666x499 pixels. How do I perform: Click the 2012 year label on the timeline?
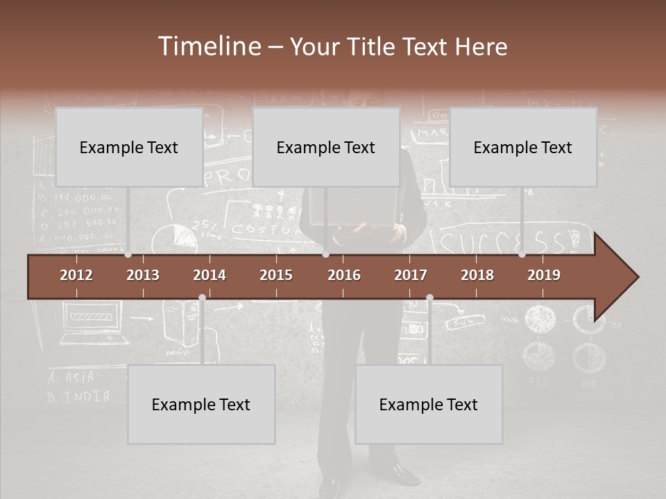(76, 275)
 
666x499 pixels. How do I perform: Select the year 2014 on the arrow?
(210, 275)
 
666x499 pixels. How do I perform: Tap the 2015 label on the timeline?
(276, 275)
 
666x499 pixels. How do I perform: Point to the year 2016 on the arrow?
(344, 275)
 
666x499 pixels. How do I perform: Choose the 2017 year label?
(411, 275)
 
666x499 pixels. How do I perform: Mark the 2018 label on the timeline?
(477, 275)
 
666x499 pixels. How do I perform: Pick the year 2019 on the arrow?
(544, 275)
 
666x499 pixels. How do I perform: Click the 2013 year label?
(143, 275)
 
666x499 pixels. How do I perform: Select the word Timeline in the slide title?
(209, 46)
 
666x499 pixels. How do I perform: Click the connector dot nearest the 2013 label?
(128, 254)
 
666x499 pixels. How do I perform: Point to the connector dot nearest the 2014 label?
(202, 298)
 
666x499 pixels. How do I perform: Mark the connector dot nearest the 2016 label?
(325, 254)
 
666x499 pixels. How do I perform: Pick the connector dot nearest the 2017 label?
(429, 298)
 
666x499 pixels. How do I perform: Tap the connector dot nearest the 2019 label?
(522, 254)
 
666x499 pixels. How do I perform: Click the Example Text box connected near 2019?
(523, 147)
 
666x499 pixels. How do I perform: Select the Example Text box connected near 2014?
(201, 404)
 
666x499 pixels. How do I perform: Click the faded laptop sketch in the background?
(94, 326)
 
